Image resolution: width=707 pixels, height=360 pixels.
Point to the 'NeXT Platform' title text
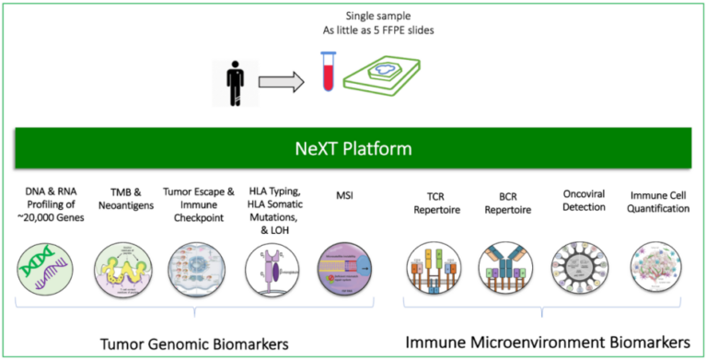tap(353, 148)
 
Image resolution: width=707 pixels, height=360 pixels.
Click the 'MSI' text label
tap(345, 194)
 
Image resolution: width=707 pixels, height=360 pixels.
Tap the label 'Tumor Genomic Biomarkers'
tap(194, 343)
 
